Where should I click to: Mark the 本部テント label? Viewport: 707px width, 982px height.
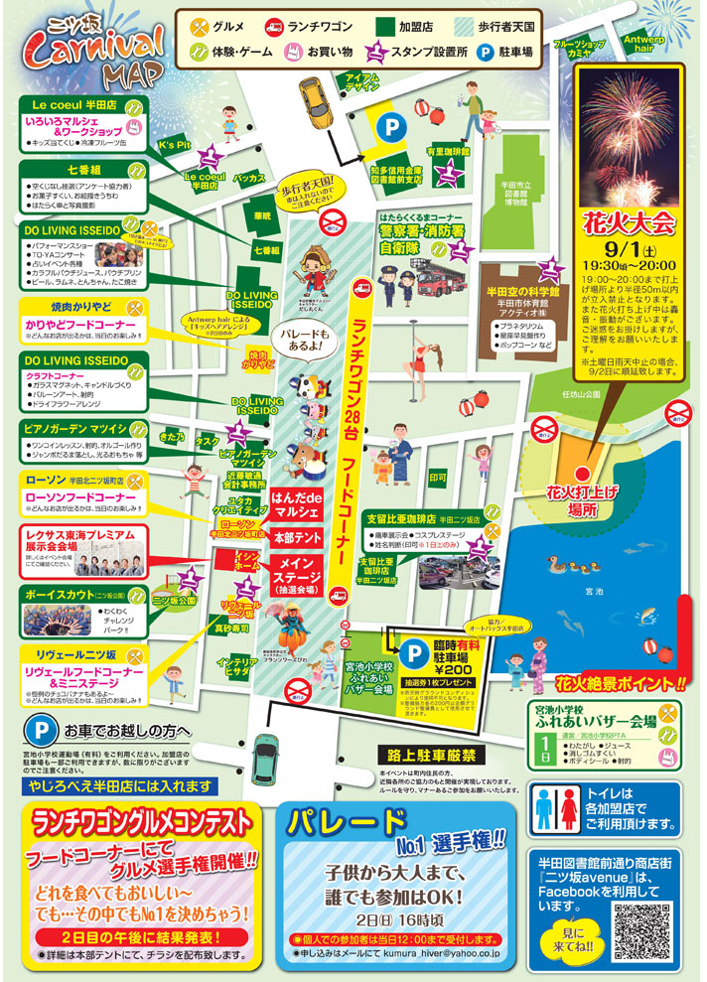295,537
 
